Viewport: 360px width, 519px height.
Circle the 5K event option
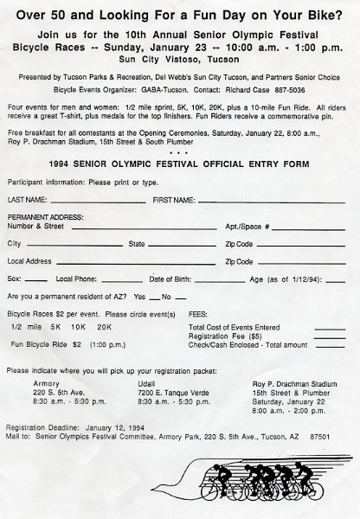coord(56,328)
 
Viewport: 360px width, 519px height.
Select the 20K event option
coord(103,328)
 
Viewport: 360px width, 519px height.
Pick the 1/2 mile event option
coord(27,328)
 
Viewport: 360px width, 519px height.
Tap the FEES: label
coord(197,315)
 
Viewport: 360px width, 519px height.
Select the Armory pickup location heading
coord(46,382)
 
